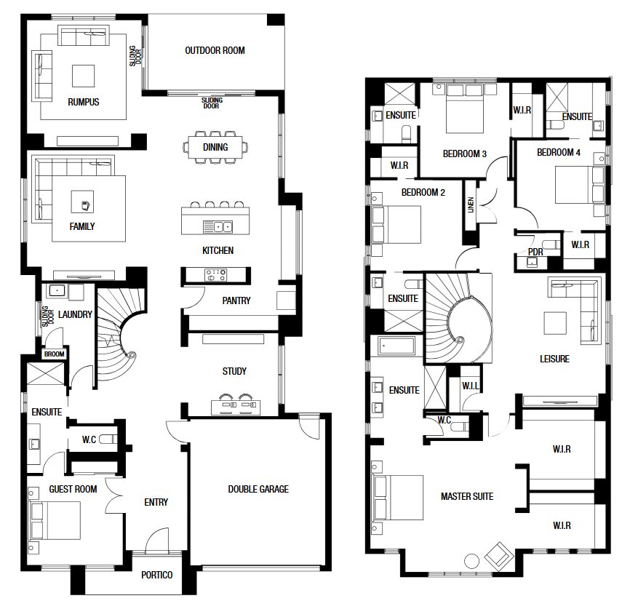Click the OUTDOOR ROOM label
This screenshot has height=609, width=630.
click(x=215, y=51)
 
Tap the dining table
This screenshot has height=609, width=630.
click(x=215, y=148)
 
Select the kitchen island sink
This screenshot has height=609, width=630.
click(x=218, y=227)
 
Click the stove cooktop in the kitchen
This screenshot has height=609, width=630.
click(x=216, y=275)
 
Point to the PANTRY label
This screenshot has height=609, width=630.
click(x=236, y=300)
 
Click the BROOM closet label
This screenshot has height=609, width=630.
click(x=55, y=354)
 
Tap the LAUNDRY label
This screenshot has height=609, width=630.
click(x=75, y=314)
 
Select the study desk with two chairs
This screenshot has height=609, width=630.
click(x=236, y=405)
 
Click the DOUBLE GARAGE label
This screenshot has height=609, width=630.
click(x=258, y=489)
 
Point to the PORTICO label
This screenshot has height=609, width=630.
click(x=156, y=576)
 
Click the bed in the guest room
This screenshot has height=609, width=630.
click(x=55, y=520)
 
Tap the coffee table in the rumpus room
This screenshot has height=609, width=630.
click(x=83, y=76)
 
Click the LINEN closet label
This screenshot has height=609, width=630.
click(x=471, y=205)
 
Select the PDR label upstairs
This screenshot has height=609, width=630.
click(x=535, y=252)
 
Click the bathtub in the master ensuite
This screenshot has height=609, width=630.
click(x=397, y=346)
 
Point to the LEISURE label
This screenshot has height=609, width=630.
click(x=554, y=359)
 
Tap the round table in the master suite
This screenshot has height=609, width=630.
click(x=471, y=561)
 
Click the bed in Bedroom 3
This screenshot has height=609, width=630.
click(x=464, y=108)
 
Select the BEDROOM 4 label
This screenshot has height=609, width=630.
click(x=559, y=152)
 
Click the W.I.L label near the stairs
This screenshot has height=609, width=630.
click(x=471, y=386)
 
